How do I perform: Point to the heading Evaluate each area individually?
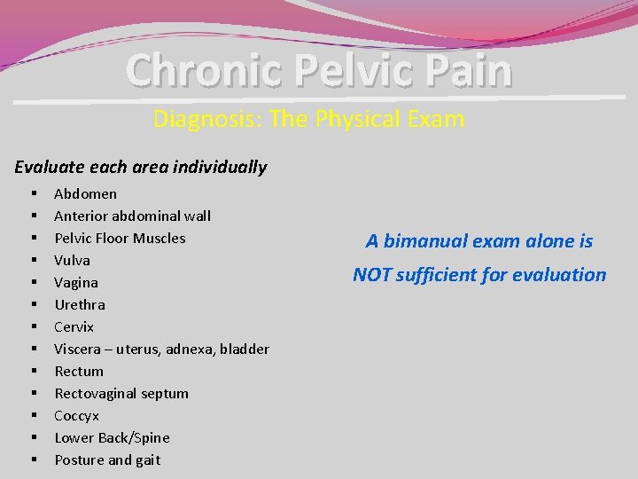[x=141, y=167]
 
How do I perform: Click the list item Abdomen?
[x=85, y=193]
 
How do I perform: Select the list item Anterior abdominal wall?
[x=132, y=216]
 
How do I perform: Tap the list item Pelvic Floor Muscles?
[x=120, y=238]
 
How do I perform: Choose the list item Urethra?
[x=79, y=304]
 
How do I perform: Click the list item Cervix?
[x=74, y=326]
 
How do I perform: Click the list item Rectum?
[x=79, y=371]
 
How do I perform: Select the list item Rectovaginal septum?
[x=121, y=393]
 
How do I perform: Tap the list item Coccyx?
[x=76, y=415]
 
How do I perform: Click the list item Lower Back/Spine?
[x=112, y=437]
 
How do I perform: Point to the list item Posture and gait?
[x=107, y=459]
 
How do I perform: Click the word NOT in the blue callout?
[x=373, y=275]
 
